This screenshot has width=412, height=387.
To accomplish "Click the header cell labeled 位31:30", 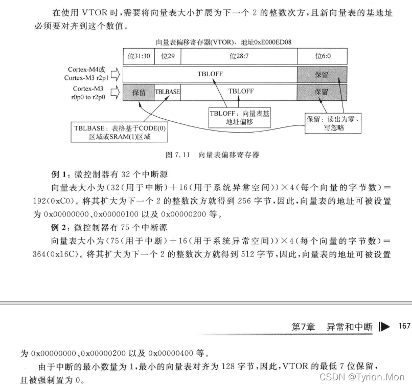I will [138, 56].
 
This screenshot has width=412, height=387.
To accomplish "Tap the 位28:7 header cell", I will [239, 56].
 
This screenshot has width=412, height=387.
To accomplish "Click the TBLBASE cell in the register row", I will [167, 92].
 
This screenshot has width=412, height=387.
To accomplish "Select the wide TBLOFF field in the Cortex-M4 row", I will [210, 74].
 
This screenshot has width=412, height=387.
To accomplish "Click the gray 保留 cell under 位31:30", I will [139, 92].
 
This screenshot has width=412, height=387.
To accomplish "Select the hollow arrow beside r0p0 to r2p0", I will [115, 92].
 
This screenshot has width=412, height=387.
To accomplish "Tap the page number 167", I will [404, 326].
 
